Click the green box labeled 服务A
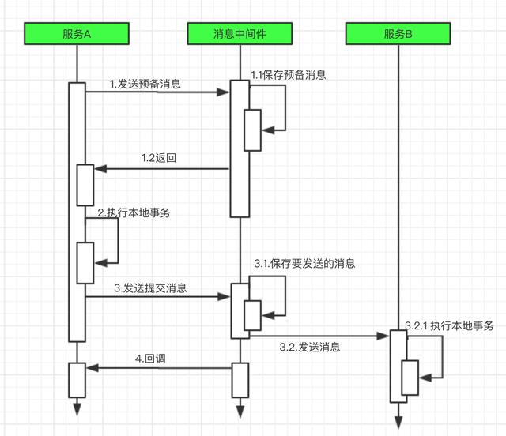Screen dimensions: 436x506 77,34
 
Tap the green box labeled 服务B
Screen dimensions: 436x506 398,34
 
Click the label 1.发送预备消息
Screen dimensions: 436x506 145,83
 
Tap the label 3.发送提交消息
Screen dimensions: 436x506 150,288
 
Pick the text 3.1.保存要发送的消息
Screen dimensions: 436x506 304,262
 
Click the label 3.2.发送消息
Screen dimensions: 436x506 310,346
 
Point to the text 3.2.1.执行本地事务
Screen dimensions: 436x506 449,325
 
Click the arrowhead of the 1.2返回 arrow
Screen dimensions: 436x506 99,168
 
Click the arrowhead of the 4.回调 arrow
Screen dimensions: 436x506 90,367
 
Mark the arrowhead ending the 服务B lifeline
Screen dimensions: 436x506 398,417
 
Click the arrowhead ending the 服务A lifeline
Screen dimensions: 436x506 77,408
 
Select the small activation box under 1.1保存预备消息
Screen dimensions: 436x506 252,130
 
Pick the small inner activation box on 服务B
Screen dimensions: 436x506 410,377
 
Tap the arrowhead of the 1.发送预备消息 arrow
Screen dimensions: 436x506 225,92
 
